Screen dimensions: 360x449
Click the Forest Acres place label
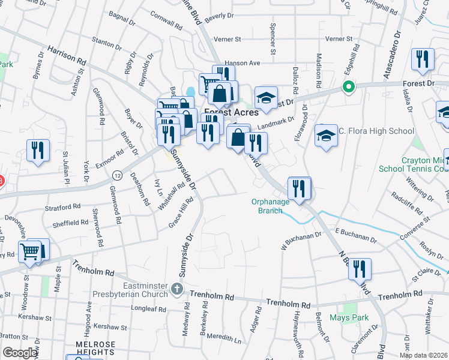tap(231, 112)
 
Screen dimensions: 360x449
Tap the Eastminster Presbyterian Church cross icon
tap(177, 290)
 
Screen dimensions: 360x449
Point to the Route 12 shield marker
tap(117, 175)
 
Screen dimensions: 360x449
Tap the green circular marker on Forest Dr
tap(348, 88)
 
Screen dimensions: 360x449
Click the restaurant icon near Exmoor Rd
tap(38, 151)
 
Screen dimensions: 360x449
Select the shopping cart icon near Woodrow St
tap(29, 252)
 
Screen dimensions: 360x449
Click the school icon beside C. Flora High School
tap(326, 136)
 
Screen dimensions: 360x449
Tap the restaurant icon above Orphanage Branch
tap(299, 188)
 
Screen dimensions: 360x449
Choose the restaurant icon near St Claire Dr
tap(360, 269)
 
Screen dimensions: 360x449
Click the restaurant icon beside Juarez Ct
tap(423, 59)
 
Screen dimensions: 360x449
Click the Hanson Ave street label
tap(243, 62)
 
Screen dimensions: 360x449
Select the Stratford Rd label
tap(62, 208)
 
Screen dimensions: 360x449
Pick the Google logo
tap(20, 353)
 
